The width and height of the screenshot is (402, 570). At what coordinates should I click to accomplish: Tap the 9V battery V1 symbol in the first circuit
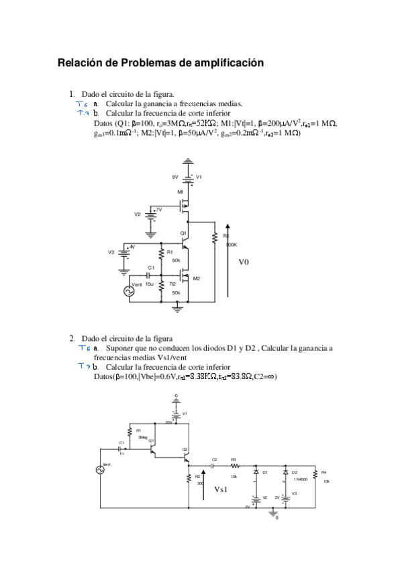[x=189, y=178]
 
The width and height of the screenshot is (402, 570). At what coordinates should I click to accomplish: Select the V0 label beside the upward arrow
[x=244, y=263]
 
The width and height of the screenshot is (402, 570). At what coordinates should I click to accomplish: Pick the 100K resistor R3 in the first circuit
[x=214, y=239]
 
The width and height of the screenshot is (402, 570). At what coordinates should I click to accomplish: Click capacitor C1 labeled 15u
[x=150, y=276]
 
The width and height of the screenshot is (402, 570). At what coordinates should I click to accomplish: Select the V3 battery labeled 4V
[x=123, y=252]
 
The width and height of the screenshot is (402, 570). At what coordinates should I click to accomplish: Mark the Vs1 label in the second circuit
[x=221, y=490]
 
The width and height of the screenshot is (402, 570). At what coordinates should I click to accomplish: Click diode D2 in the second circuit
[x=286, y=473]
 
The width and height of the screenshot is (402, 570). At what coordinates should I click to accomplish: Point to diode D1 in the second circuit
[x=256, y=473]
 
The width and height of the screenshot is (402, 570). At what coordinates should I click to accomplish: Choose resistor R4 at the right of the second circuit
[x=315, y=476]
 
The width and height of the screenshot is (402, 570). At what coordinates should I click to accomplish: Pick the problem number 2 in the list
[x=72, y=338]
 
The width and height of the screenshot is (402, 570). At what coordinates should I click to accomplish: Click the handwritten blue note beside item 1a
[x=82, y=105]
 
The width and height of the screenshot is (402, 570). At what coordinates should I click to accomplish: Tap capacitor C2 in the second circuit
[x=213, y=464]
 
